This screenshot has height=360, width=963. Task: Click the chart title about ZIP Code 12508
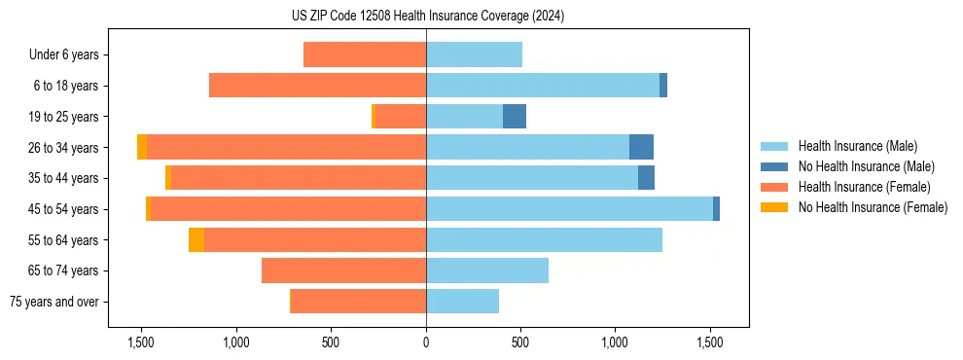(426, 17)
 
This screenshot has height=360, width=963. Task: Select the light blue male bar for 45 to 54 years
(569, 209)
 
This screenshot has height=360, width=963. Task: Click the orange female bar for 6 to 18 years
(317, 86)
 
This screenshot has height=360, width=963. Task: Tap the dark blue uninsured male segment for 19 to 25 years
(515, 117)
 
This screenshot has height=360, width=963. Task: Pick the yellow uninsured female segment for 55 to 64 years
(196, 240)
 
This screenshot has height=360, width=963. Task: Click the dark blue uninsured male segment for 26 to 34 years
(641, 148)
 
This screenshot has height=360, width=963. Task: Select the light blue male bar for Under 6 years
(474, 54)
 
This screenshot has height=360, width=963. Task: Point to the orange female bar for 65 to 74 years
(343, 271)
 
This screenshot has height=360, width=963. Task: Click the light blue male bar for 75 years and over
(462, 302)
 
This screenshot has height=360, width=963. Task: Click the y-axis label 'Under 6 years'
(63, 55)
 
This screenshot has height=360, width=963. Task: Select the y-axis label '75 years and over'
(54, 303)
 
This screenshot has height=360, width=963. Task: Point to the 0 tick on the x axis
(426, 342)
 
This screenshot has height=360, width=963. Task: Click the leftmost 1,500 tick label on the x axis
(141, 342)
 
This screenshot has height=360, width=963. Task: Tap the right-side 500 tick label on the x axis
(520, 342)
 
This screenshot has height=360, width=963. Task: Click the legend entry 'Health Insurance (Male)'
(857, 146)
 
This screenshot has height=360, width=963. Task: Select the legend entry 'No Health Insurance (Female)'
(873, 207)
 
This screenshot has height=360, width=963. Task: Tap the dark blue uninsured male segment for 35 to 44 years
(646, 178)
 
